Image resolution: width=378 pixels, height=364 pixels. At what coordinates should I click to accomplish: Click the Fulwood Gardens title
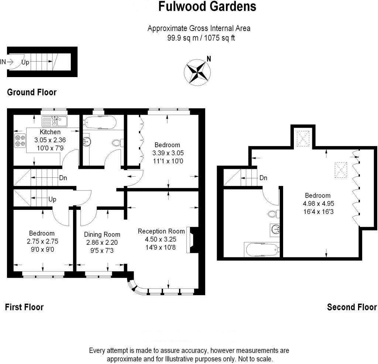click(x=207, y=6)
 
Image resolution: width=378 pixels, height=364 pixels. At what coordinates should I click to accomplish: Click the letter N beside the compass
click(x=209, y=59)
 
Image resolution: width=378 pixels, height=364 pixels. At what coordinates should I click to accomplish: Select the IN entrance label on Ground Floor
click(x=3, y=62)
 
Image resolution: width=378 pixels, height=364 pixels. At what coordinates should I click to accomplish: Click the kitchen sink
click(x=54, y=121)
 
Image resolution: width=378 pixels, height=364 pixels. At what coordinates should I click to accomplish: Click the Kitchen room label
click(x=50, y=132)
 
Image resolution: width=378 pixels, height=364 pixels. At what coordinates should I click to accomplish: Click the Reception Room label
click(x=161, y=231)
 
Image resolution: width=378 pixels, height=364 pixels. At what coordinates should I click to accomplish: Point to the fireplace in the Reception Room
click(x=193, y=242)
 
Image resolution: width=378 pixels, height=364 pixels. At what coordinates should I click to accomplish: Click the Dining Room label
click(x=102, y=235)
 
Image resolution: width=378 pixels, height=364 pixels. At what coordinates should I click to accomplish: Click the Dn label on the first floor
click(x=63, y=178)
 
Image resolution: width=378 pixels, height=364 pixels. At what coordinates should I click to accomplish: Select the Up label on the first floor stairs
click(x=52, y=199)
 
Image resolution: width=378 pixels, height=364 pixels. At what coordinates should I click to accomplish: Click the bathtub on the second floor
click(x=262, y=250)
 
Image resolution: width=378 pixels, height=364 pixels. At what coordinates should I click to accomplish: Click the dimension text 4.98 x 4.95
click(x=317, y=204)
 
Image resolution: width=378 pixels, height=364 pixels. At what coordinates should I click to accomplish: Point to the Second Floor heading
click(x=352, y=307)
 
